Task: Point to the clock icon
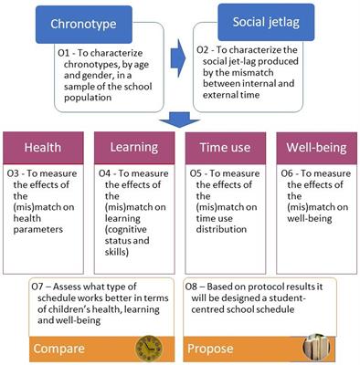click(148, 347)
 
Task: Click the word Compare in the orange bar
click(62, 348)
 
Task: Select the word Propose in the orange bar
click(209, 348)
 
